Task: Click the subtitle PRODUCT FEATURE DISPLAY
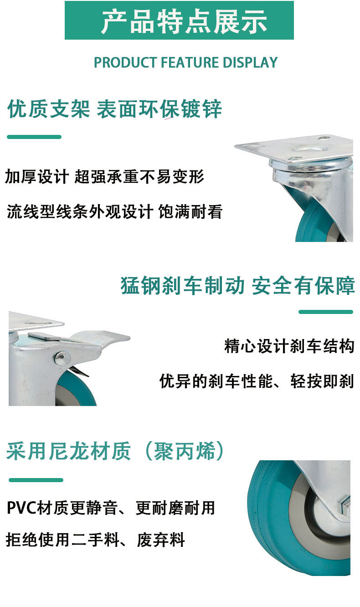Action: (185, 62)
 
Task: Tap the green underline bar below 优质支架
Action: (34, 137)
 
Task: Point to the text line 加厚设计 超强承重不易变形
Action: (105, 177)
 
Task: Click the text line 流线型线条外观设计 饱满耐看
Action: (114, 211)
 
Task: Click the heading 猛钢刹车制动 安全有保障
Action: (237, 286)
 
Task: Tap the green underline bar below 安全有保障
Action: (326, 312)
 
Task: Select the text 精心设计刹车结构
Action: (289, 346)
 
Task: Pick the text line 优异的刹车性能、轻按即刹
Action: (257, 381)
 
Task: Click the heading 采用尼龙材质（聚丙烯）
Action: (116, 452)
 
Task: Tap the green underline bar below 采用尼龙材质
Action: (36, 480)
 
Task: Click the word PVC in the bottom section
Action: (21, 508)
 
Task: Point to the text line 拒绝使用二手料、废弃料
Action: (95, 540)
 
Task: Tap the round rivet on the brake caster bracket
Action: (62, 358)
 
